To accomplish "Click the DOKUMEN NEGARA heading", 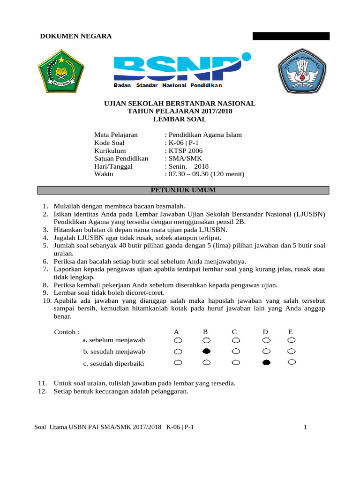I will (75, 37).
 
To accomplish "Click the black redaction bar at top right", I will (291, 36).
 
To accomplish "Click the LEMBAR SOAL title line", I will (180, 119).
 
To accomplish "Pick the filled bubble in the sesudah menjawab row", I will (206, 351).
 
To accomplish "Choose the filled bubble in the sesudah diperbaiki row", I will (266, 362).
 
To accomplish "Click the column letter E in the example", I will (291, 332).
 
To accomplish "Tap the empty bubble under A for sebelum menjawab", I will (177, 340).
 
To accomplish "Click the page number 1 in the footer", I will (305, 427).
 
